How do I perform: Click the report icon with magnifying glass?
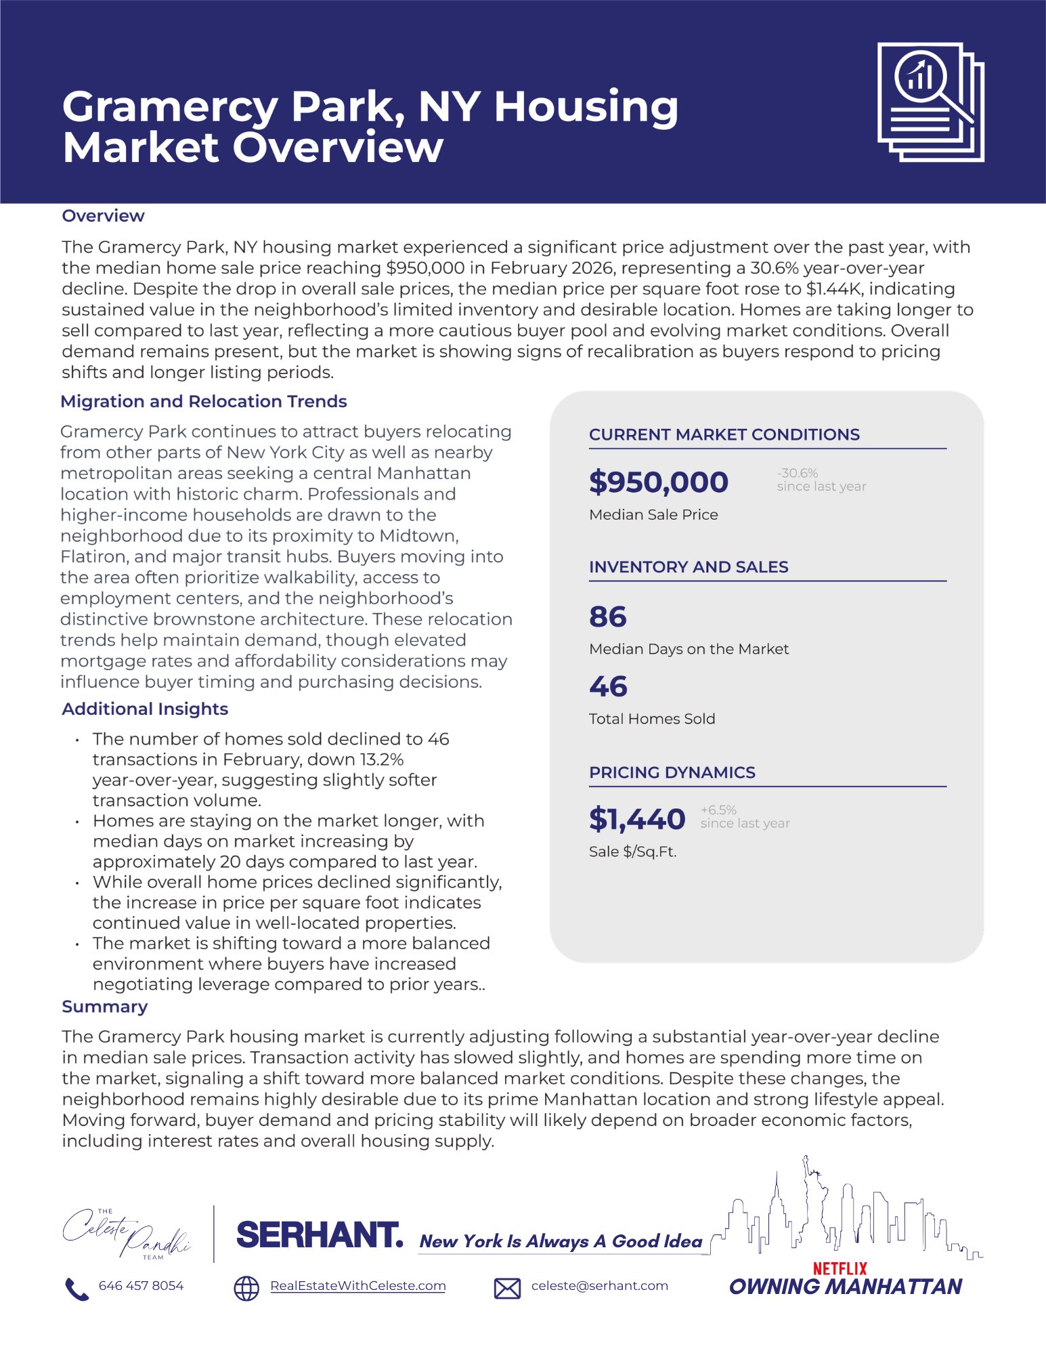[x=930, y=102]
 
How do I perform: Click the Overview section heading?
[x=103, y=216]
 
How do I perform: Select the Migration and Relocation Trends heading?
[x=203, y=402]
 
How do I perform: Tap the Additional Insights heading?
[x=145, y=709]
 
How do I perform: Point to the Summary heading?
[x=104, y=1007]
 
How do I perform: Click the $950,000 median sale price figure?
[x=658, y=482]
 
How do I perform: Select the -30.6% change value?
[x=798, y=473]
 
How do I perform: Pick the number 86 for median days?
[x=608, y=617]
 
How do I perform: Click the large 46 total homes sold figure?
[x=608, y=687]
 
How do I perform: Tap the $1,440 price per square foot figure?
[x=637, y=819]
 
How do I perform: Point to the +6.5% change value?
[x=718, y=810]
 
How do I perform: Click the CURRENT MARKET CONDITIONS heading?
[x=724, y=435]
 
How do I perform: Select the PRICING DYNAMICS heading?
[x=672, y=773]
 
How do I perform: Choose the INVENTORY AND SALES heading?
[x=689, y=568]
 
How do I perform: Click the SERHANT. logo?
[x=320, y=1235]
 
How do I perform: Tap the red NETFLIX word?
[x=840, y=1268]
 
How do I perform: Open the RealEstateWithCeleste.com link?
[x=357, y=1286]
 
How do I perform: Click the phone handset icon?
[x=77, y=1289]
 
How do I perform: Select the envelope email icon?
[x=507, y=1288]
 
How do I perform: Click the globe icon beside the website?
[x=246, y=1288]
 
